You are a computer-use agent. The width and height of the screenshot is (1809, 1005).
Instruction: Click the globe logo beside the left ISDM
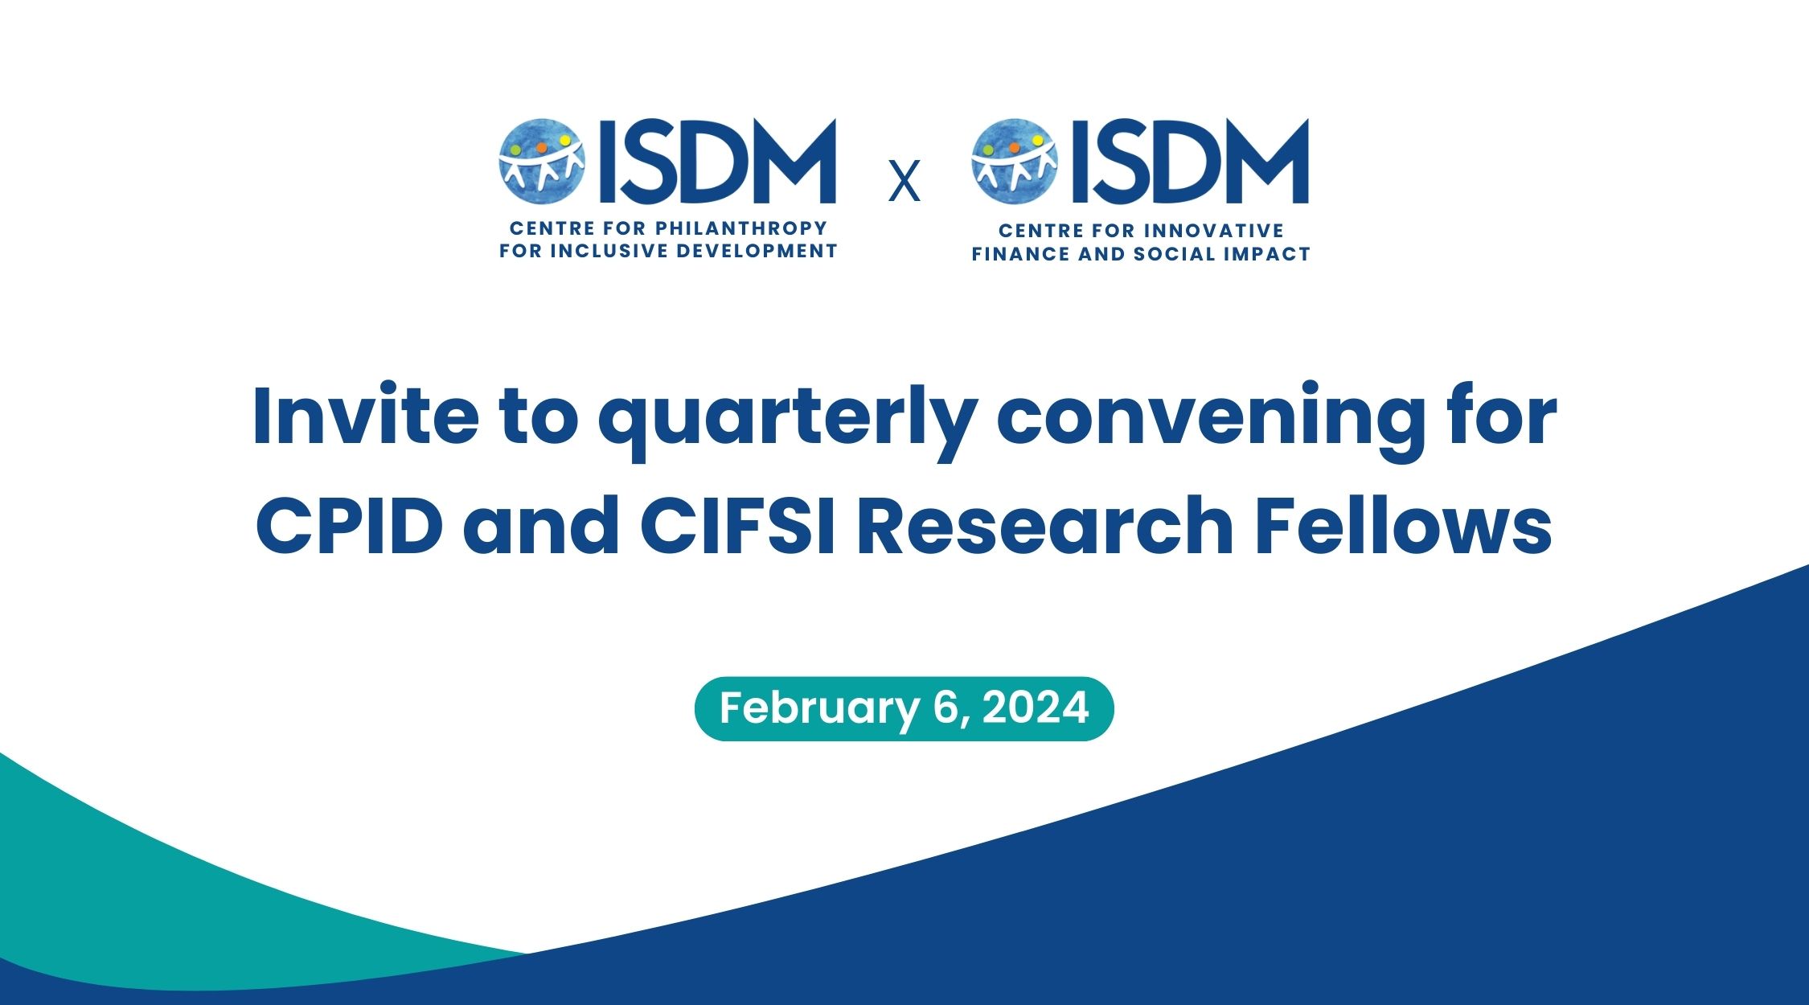click(x=541, y=161)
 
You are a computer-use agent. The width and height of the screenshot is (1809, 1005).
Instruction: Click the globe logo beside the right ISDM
click(x=1014, y=161)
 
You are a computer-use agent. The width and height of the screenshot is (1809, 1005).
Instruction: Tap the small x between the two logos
click(x=904, y=182)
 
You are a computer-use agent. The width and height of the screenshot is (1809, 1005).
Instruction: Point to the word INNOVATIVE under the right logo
click(x=1214, y=231)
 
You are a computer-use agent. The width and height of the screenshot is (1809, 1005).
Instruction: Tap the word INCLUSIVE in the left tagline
click(x=608, y=251)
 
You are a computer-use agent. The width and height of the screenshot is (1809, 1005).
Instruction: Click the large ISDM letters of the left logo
click(x=717, y=161)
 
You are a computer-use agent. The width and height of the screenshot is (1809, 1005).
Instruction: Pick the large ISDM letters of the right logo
click(x=1190, y=161)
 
